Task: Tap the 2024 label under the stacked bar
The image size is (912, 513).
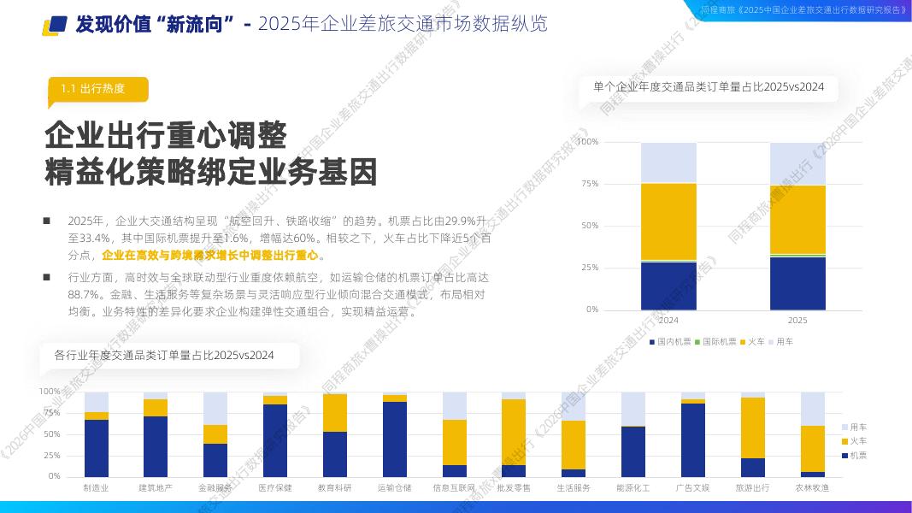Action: [668, 321]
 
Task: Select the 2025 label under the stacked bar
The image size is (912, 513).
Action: [797, 321]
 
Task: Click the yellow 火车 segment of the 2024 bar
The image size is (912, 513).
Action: [668, 221]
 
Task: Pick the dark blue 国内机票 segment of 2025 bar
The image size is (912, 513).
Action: [797, 283]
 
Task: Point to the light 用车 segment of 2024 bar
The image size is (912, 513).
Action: [668, 162]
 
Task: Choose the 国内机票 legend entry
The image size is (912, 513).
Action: [671, 342]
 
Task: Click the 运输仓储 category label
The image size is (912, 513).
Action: [394, 488]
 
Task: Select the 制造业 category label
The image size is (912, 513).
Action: [96, 488]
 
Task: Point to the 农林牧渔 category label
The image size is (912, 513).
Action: [812, 488]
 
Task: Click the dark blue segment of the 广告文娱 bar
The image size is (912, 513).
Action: [693, 439]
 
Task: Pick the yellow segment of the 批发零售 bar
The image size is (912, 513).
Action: [514, 432]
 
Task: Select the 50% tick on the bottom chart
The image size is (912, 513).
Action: [50, 434]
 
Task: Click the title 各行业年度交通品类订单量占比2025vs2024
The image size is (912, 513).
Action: [164, 356]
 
